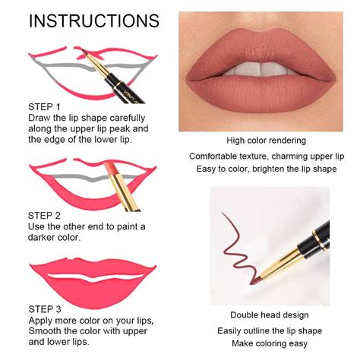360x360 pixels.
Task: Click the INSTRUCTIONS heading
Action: pyautogui.click(x=94, y=20)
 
